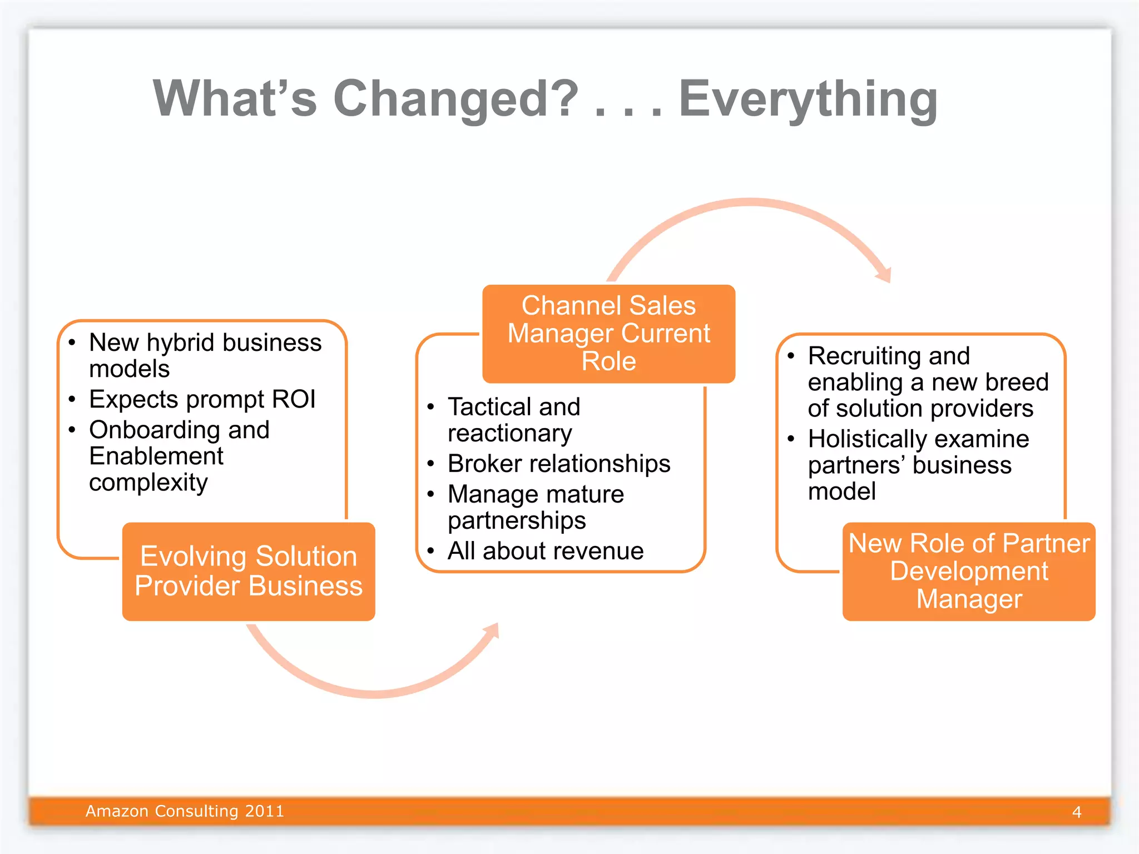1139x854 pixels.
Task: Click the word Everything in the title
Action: [808, 99]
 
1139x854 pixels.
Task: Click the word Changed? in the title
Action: [456, 99]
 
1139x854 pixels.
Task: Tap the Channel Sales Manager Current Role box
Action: [608, 334]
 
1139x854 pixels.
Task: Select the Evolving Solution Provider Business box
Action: [249, 571]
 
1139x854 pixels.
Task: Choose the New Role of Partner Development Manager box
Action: [968, 571]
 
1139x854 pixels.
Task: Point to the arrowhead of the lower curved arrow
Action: [492, 630]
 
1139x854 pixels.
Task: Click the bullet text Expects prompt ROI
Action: [202, 399]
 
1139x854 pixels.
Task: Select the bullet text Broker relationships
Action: [558, 464]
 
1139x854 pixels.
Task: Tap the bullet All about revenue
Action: [545, 551]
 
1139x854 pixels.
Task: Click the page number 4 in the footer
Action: [1077, 812]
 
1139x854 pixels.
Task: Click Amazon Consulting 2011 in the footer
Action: [185, 811]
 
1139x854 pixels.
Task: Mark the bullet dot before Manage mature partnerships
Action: [430, 494]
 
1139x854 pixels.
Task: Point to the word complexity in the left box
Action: [148, 483]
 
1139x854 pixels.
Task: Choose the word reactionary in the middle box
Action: [509, 434]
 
